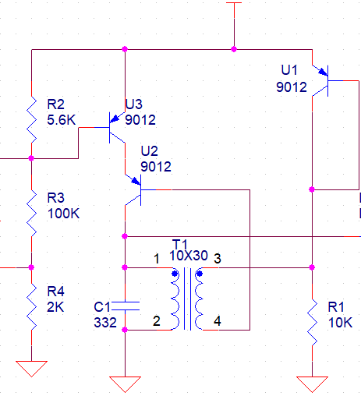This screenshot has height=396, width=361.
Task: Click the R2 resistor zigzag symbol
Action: tap(31, 119)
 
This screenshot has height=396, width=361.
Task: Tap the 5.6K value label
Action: tap(62, 120)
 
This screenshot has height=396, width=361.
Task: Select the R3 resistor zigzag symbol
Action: tap(31, 213)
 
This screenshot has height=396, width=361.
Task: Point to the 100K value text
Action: tap(63, 214)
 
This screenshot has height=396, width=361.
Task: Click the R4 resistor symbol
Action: tap(31, 306)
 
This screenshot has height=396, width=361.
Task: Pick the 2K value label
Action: tap(55, 307)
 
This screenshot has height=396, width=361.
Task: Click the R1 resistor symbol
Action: tap(312, 322)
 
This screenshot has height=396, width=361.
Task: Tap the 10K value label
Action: tap(340, 323)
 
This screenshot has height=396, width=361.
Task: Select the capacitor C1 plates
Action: tap(125, 306)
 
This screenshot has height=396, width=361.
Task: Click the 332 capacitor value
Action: tap(105, 323)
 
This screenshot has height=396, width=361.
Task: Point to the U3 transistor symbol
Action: tap(117, 128)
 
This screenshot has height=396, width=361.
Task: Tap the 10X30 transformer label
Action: tap(189, 256)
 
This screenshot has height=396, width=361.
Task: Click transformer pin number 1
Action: tap(157, 259)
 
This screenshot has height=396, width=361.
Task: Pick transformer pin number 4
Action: tap(218, 321)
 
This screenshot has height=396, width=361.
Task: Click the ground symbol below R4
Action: tap(31, 369)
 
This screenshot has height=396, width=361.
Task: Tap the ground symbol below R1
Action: tap(312, 384)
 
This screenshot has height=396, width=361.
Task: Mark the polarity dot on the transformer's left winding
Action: tap(175, 274)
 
